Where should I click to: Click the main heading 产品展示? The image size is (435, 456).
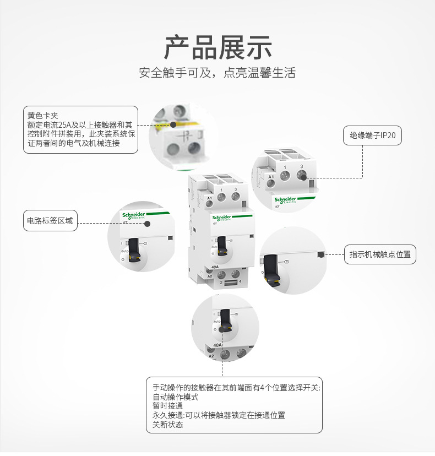218,47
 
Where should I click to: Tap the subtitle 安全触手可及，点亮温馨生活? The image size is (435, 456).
218,73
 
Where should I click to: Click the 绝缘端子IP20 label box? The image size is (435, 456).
372,135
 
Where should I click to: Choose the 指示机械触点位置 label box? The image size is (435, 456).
380,254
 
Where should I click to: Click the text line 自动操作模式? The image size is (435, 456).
175,397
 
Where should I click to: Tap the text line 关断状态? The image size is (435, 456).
167,425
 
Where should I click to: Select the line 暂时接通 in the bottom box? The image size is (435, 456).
167,406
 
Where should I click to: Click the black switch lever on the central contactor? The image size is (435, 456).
222,246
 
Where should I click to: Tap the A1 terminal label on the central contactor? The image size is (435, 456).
209,197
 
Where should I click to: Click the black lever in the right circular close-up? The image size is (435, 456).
270,270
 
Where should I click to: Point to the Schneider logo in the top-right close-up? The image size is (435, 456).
285,199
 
